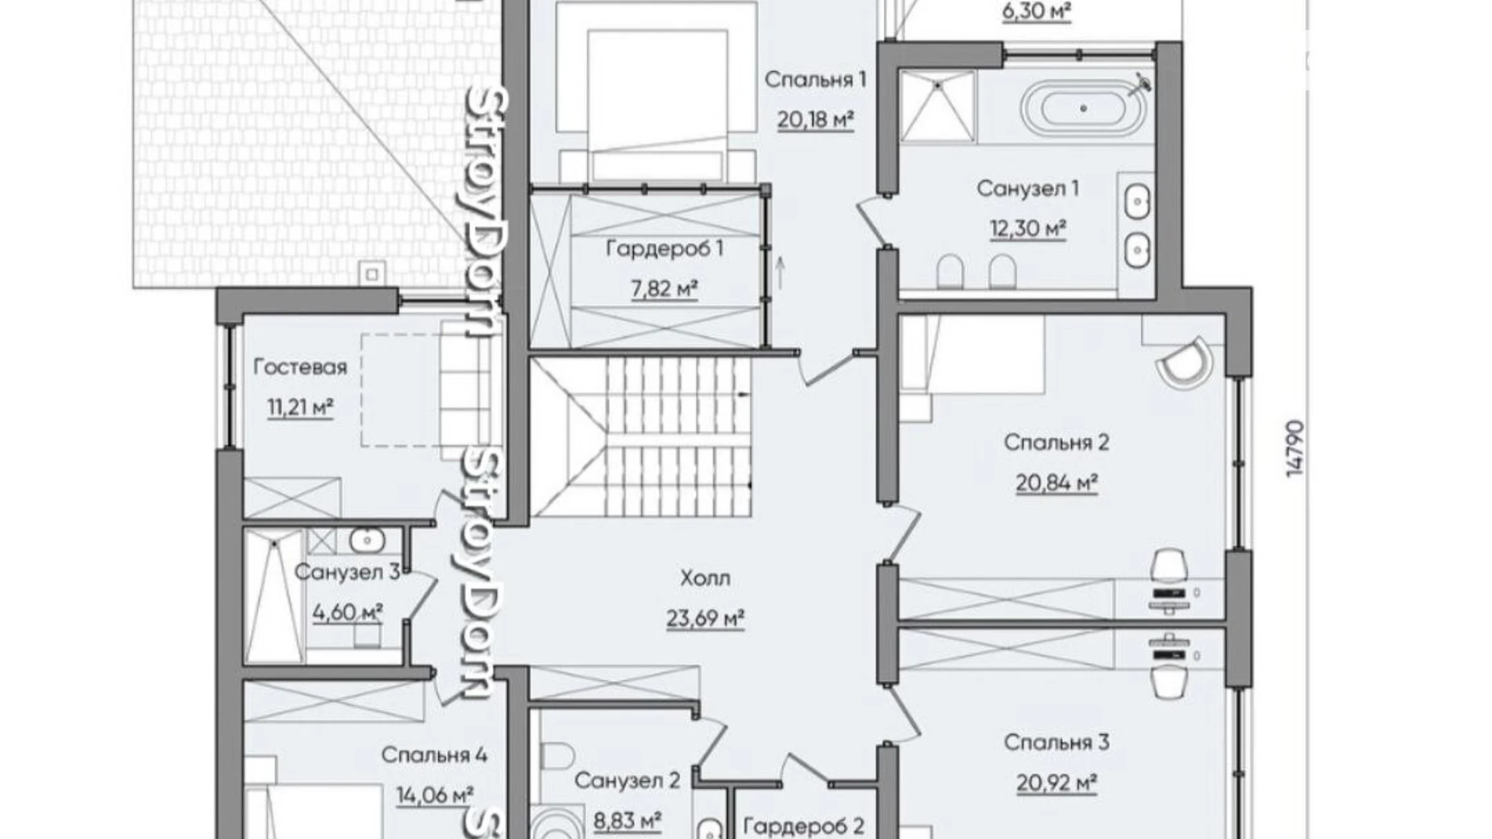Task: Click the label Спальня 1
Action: pos(815,79)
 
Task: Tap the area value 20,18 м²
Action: pos(815,119)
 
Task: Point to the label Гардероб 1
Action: pos(665,248)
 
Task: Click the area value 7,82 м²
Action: pos(665,288)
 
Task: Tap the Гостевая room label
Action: pos(300,367)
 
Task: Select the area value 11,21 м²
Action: pos(300,407)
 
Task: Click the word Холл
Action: pos(705,578)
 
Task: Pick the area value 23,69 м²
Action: pos(705,619)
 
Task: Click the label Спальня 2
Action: pos(1056,442)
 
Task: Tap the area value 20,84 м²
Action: pos(1056,482)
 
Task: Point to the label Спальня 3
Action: pos(1056,742)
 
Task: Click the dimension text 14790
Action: pos(1294,448)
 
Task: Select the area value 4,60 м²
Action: pos(347,612)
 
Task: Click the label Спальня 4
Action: pos(434,755)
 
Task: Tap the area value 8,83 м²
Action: pos(627,820)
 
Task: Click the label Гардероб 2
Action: pos(803,826)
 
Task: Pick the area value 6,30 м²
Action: pos(1036,10)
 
